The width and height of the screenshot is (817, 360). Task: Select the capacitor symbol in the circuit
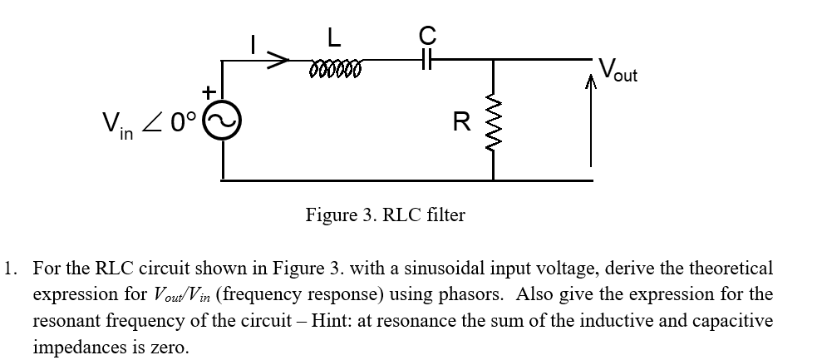427,60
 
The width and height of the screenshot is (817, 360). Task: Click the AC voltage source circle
222,124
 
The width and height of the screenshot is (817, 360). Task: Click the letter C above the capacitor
427,34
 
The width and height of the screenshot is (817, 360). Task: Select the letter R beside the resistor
462,122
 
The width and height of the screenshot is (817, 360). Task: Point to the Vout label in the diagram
617,69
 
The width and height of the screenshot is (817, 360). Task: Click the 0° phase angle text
180,122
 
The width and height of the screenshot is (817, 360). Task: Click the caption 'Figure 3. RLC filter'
386,215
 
